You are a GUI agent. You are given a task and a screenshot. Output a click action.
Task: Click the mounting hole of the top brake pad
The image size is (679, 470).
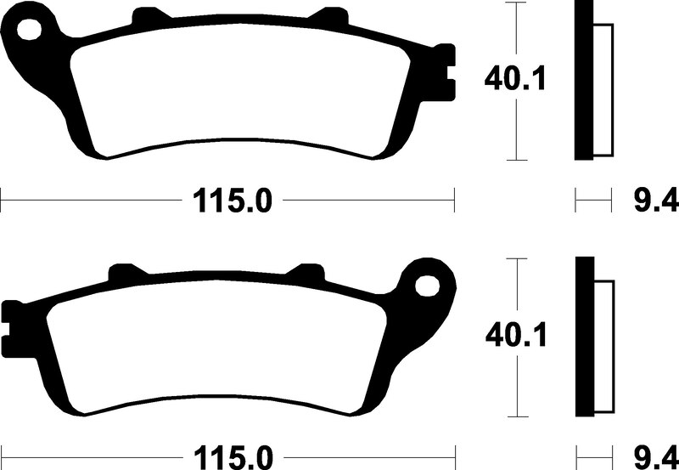[x=30, y=30]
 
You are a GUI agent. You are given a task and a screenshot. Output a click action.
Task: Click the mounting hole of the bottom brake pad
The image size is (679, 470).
[x=428, y=286]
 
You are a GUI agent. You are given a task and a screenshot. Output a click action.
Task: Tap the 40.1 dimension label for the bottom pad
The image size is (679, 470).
[x=516, y=335]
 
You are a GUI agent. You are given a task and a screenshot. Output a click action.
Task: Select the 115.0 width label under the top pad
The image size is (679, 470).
[x=232, y=201]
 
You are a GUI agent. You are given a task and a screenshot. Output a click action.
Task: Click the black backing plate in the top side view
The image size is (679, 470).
[x=583, y=80]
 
